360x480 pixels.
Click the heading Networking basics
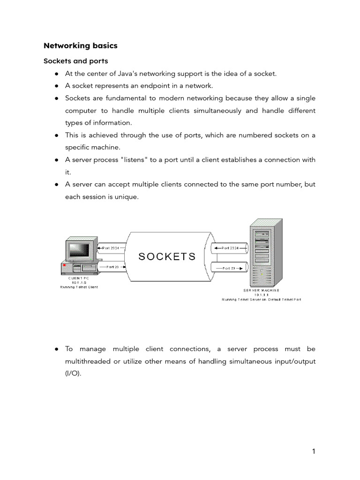tap(81, 46)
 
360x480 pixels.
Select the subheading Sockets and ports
tap(76, 61)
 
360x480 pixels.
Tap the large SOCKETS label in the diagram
tap(167, 256)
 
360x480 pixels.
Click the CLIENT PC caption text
tap(79, 278)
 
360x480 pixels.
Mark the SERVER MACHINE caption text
tap(262, 291)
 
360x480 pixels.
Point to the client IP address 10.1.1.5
tap(79, 283)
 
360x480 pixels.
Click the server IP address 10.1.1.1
tap(262, 295)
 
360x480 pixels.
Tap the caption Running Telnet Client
tap(79, 287)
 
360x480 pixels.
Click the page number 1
tap(314, 451)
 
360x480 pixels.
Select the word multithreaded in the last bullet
tap(89, 361)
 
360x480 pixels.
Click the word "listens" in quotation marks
tap(135, 160)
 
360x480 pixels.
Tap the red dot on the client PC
tap(64, 266)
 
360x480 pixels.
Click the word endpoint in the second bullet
tap(157, 86)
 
